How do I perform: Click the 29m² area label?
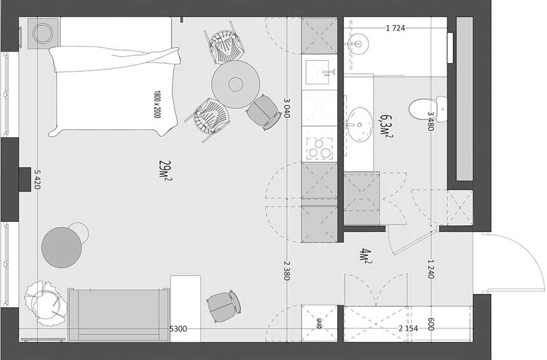click(165, 170)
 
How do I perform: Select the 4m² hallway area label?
click(366, 256)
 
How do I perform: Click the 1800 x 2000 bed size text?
click(157, 104)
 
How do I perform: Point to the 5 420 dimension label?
click(38, 179)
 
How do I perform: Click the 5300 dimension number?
click(178, 329)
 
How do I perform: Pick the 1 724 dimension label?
click(396, 28)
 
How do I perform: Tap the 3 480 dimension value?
click(431, 121)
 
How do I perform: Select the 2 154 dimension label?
click(408, 328)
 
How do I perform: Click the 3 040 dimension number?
click(287, 107)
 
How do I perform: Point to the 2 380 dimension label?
click(287, 270)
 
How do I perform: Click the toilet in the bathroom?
click(427, 109)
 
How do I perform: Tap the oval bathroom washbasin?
click(359, 125)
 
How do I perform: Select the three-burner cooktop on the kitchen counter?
click(319, 149)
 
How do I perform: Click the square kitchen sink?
click(317, 73)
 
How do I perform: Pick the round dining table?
click(236, 85)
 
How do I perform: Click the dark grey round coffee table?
click(62, 247)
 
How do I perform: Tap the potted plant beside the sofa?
click(46, 303)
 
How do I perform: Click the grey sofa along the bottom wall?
click(118, 315)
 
